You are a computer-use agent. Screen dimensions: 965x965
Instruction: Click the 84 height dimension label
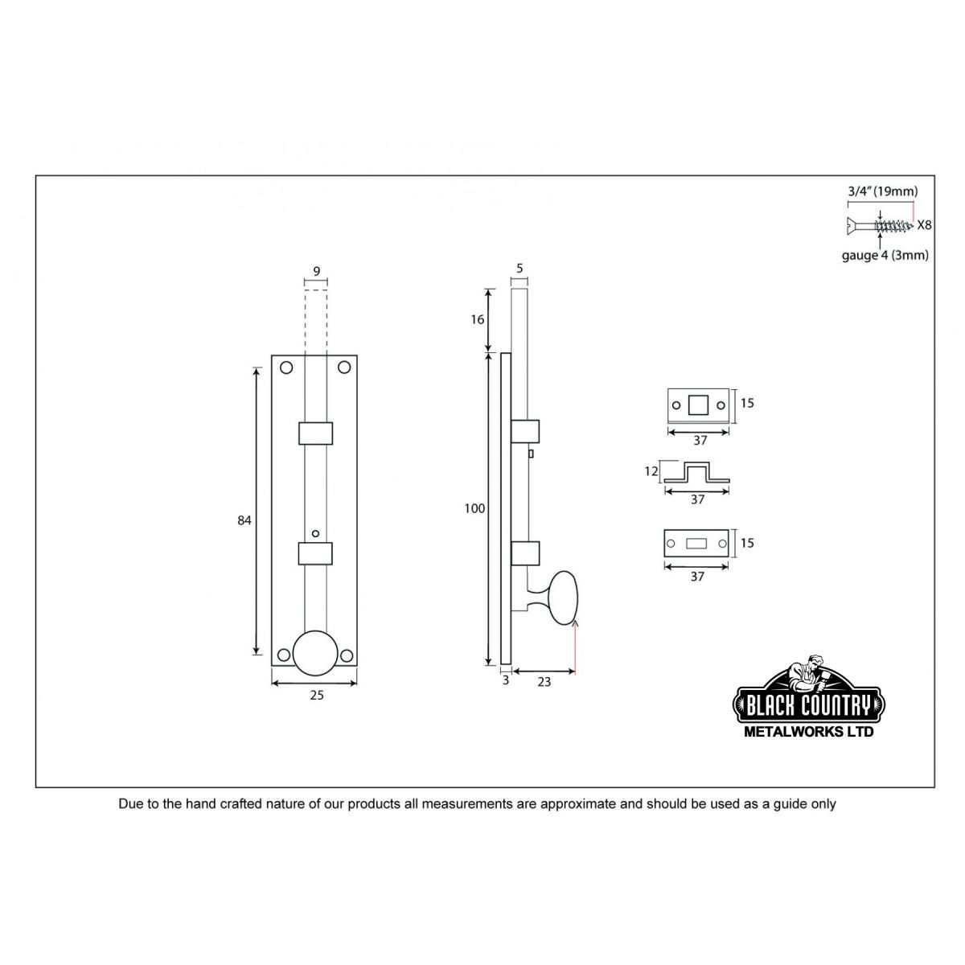coord(244,521)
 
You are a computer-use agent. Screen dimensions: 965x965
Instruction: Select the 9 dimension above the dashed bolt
coord(317,272)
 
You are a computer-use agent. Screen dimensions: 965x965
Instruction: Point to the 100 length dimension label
coord(474,509)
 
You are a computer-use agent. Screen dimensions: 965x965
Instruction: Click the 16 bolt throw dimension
coord(477,319)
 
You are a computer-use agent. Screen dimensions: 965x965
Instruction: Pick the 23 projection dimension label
coord(544,682)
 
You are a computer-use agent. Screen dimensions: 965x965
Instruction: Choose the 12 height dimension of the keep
coord(651,471)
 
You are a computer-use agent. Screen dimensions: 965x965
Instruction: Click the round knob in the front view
coord(315,652)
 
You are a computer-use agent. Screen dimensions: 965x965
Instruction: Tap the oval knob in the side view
coord(564,598)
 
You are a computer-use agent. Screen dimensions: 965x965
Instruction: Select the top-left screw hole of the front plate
coord(286,368)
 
